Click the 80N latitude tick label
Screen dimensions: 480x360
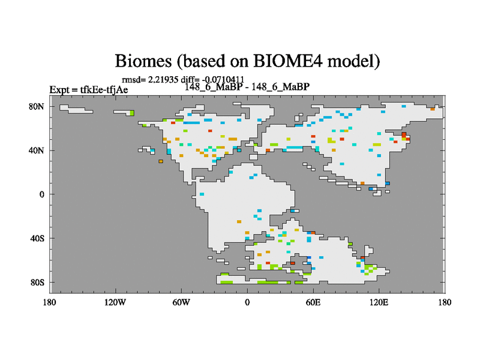tap(37, 107)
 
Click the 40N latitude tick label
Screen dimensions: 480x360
tap(37, 151)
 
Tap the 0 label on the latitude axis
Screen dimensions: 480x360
tap(41, 194)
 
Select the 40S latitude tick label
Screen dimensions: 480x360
tap(37, 238)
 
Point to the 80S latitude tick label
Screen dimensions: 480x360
tap(37, 282)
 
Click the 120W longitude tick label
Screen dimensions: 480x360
tap(115, 302)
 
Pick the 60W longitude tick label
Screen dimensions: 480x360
tap(181, 302)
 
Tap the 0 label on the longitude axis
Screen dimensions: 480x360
tap(247, 302)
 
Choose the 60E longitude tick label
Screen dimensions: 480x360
tap(313, 302)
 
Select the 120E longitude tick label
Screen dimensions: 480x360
tap(379, 302)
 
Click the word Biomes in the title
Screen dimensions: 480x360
tap(143, 61)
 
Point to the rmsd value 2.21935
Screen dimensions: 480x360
tap(163, 80)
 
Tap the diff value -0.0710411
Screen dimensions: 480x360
tap(223, 80)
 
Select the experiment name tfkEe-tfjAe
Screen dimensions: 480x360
tap(104, 89)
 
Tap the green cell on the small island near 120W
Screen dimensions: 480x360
tap(132, 113)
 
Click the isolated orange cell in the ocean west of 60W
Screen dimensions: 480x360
tap(161, 161)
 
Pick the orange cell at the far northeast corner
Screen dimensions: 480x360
tap(433, 109)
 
